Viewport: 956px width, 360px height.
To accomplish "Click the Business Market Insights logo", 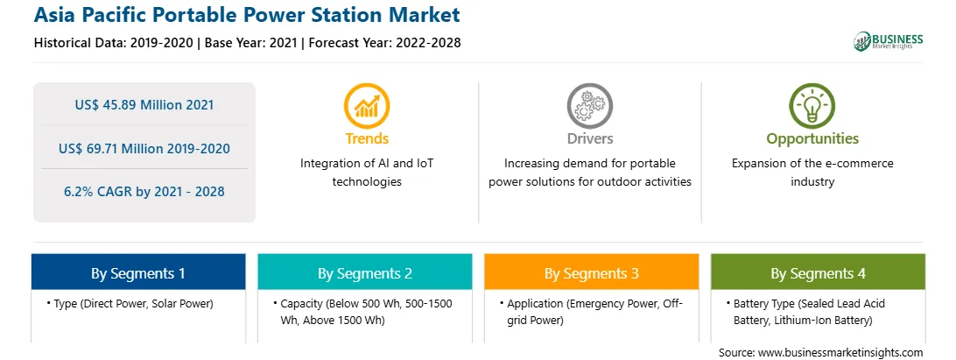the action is pos(889,41).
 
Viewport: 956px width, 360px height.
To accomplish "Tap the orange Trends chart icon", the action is pos(367,106).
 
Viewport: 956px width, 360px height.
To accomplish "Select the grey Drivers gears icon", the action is pos(589,106).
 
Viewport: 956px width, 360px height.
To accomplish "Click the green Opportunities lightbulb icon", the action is pos(812,106).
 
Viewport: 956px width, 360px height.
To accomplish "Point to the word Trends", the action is pos(367,138).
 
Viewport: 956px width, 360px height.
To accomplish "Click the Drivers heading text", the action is pos(590,138).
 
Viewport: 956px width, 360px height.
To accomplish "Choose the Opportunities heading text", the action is pos(812,139).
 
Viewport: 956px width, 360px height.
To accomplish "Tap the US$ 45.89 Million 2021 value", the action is pos(144,105).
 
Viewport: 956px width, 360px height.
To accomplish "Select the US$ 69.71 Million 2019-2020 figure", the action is pos(144,148).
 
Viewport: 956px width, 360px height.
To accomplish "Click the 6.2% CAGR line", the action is pos(144,192).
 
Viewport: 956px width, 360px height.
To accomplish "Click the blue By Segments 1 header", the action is pos(138,273).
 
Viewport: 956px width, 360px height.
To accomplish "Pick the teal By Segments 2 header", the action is pos(365,273).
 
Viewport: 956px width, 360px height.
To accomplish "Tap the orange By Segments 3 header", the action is pos(592,273).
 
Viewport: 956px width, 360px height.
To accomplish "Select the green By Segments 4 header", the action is pos(819,273).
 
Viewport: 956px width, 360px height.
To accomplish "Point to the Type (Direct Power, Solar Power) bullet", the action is pos(130,304).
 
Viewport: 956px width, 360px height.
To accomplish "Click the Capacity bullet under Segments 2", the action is pos(362,311).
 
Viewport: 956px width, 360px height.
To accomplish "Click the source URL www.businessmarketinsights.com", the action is pos(840,353).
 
